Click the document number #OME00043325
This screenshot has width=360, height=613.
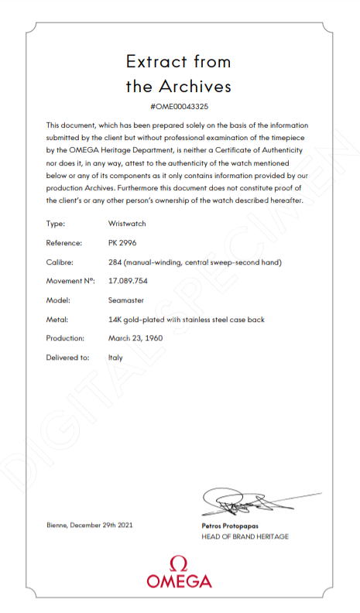179,106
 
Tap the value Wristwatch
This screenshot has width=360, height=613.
127,224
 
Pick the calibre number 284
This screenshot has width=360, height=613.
115,262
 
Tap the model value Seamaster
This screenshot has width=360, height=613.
126,300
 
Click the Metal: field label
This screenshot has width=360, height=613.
57,319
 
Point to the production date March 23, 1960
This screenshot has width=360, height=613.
135,338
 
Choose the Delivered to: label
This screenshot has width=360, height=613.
67,358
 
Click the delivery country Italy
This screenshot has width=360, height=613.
115,358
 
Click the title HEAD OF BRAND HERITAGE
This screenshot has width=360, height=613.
245,536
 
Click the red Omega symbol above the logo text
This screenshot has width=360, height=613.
179,563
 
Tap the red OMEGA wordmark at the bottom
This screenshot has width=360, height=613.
179,580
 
